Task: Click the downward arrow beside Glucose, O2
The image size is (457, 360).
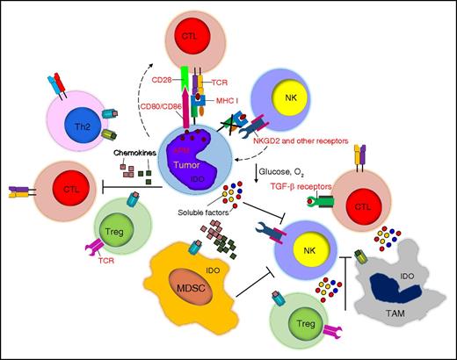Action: point(253,171)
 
